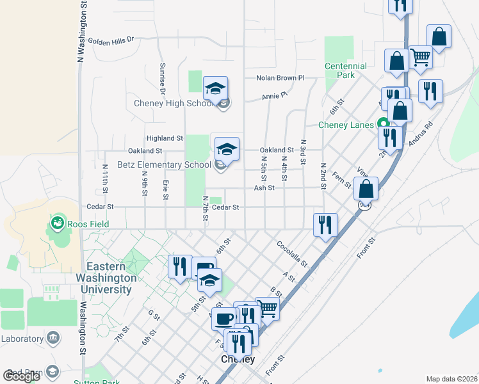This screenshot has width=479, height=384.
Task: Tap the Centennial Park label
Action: tap(345, 70)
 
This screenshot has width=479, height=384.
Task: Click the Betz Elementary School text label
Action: tap(164, 164)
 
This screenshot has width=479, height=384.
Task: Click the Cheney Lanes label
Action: tap(346, 125)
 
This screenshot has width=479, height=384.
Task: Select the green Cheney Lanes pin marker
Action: tap(383, 124)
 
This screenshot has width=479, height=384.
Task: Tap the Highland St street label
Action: tap(165, 138)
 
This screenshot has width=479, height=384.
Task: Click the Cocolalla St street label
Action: tap(292, 254)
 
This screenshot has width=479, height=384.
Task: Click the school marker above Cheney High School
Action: tap(216, 88)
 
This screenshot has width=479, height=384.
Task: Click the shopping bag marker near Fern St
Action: tap(366, 188)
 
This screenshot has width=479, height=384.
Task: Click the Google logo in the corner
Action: tap(22, 376)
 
